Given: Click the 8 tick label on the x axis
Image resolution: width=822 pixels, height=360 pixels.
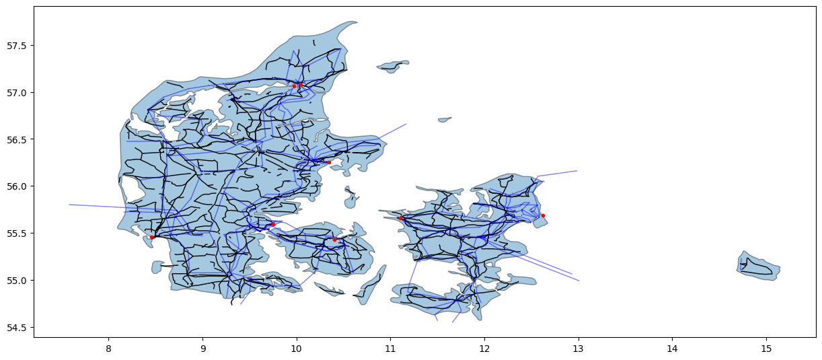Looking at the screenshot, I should point(108,349).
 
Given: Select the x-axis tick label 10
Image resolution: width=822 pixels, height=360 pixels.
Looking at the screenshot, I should point(296,349).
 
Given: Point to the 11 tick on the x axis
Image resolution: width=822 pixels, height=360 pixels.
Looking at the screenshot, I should point(390,349).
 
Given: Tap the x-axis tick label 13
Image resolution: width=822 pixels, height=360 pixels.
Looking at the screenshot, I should point(578,349).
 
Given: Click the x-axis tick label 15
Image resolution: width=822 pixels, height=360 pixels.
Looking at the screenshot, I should point(765,349).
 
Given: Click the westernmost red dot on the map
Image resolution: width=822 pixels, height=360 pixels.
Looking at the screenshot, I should point(152,237).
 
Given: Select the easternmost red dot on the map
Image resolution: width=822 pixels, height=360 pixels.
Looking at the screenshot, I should point(543,216).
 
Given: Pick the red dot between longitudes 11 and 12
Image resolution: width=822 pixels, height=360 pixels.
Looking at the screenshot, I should point(400,218).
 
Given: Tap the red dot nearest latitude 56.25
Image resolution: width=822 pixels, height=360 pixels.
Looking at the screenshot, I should point(329,162).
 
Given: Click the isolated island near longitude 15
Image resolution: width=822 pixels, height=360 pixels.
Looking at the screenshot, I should point(759,265).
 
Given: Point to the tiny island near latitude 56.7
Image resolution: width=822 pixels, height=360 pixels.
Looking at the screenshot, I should point(445,120).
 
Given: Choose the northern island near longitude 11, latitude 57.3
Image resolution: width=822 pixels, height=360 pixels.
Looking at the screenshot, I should point(393,66).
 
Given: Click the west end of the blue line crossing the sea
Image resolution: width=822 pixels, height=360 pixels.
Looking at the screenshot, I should point(70,205).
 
